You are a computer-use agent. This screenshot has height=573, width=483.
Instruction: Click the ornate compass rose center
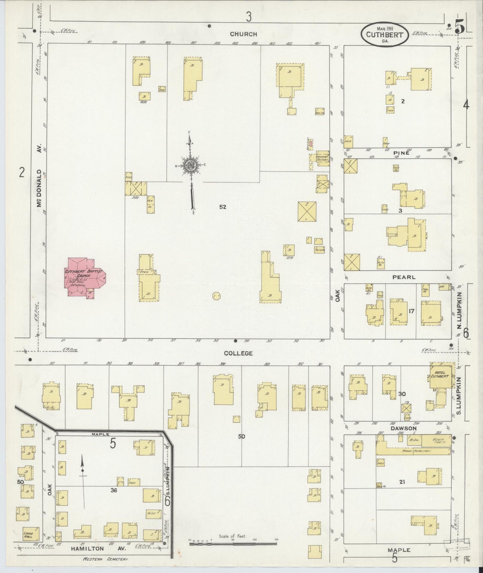[x=190, y=165]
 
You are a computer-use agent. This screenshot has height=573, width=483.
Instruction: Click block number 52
[x=223, y=207]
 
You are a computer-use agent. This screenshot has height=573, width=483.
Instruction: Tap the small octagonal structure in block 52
[x=216, y=296]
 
